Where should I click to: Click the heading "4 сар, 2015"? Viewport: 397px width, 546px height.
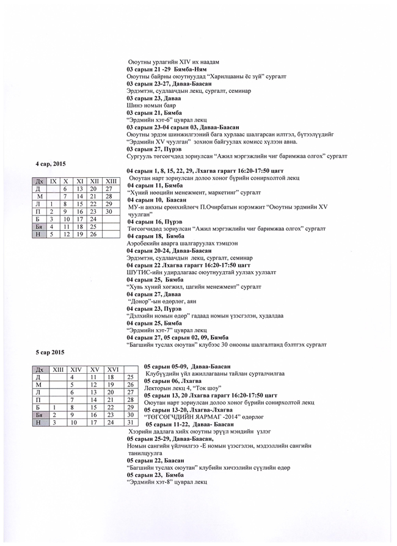(51, 164)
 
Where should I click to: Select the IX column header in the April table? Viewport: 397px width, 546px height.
(53, 181)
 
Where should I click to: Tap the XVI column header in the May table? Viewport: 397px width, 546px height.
(113, 369)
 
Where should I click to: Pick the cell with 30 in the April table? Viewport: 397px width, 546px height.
(109, 211)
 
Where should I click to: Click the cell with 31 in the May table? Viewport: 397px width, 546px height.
(129, 422)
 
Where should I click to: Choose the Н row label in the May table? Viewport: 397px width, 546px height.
(39, 422)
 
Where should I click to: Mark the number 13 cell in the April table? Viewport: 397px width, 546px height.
(79, 189)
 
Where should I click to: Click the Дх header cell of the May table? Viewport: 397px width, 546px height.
(39, 369)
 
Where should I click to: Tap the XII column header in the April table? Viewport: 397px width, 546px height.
(94, 181)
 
